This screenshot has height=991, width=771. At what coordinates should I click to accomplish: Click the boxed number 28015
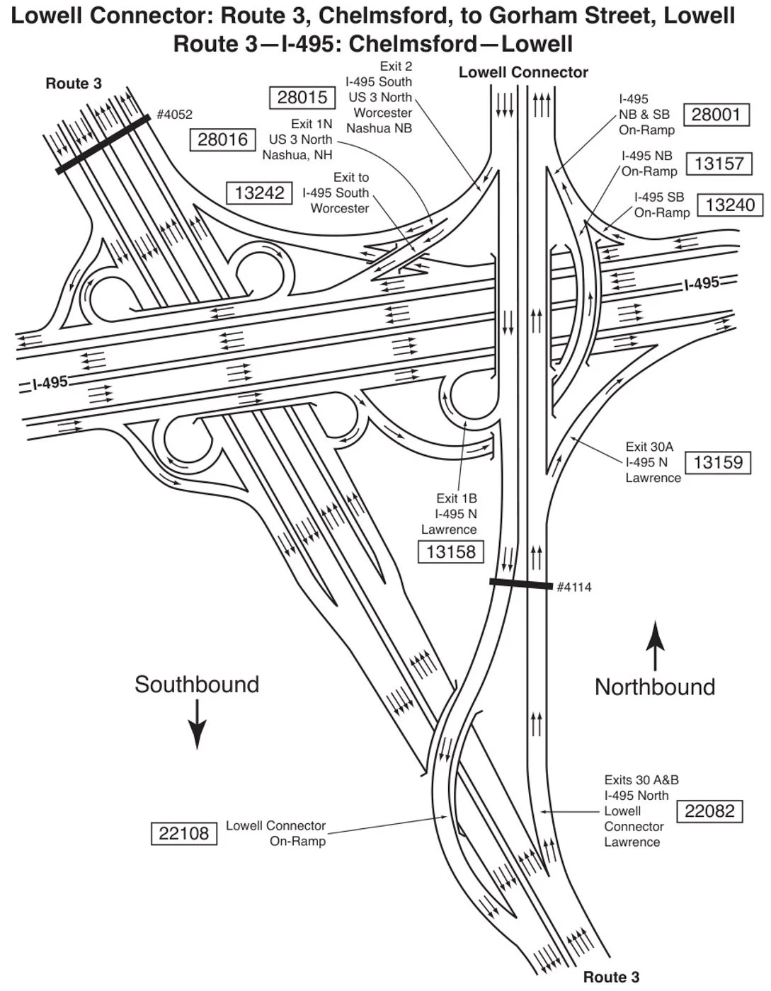point(302,98)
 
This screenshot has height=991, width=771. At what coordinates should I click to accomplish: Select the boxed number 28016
point(222,139)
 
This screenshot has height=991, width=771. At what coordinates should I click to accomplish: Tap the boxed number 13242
point(259,193)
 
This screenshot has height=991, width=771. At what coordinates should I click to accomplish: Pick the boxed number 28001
point(716,115)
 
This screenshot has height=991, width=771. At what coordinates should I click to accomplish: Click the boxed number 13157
point(719,164)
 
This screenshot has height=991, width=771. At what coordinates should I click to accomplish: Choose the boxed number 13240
point(730,205)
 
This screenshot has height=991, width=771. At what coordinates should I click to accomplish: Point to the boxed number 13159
point(718,463)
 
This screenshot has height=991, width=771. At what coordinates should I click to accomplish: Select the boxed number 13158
point(451,551)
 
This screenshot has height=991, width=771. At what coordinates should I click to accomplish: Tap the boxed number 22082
point(709,811)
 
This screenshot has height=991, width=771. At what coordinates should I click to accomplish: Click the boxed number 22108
point(183,833)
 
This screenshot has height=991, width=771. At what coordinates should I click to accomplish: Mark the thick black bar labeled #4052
point(103,144)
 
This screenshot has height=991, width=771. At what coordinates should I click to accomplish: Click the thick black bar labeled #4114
point(520,584)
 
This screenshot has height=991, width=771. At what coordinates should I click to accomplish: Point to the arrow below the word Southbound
point(197,724)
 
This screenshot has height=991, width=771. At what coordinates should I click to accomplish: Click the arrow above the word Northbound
point(656,646)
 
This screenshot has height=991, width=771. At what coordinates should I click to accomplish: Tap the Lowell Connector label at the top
point(523,72)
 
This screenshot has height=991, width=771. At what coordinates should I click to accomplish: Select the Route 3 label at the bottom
point(611,978)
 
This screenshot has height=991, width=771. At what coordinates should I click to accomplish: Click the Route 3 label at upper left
point(74,84)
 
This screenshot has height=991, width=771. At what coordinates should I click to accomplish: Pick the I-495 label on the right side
point(702,284)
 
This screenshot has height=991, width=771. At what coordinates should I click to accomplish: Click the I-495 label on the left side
point(50,383)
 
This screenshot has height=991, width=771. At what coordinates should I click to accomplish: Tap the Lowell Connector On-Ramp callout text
point(276,833)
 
